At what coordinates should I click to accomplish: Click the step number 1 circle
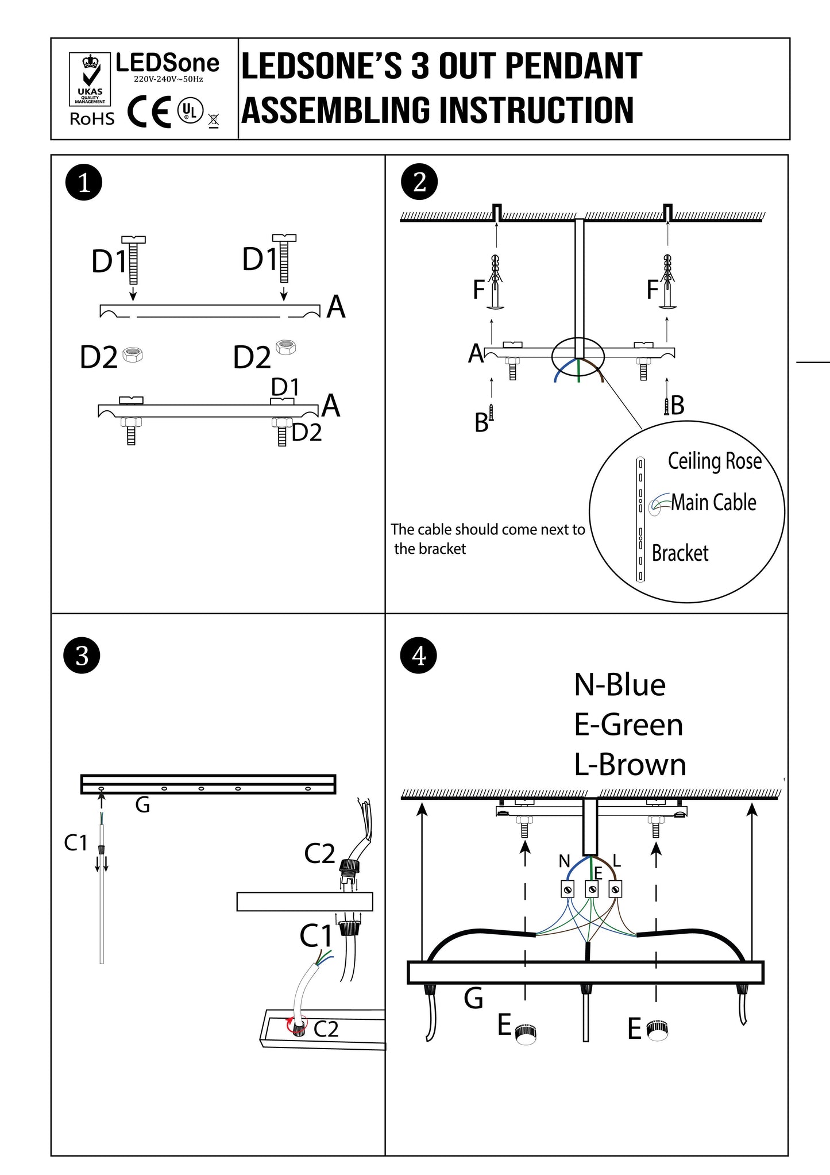pos(84,183)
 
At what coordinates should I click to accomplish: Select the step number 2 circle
pos(419,183)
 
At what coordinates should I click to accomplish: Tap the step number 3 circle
pos(82,656)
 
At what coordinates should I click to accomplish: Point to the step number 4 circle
pos(419,656)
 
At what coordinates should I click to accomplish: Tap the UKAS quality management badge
pos(90,79)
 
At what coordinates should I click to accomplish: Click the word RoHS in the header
pos(92,119)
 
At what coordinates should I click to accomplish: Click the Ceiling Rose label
pos(715,461)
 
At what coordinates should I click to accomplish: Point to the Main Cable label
pos(713,502)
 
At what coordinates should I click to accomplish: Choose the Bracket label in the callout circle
pos(680,553)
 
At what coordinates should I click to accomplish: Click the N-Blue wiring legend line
pos(620,685)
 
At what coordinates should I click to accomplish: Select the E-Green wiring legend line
pos(628,725)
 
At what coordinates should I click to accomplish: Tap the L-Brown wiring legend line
pos(630,765)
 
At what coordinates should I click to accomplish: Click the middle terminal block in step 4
pos(592,889)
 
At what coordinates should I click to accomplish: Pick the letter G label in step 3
pos(142,805)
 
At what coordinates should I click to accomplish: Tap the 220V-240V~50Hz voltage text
pos(168,79)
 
